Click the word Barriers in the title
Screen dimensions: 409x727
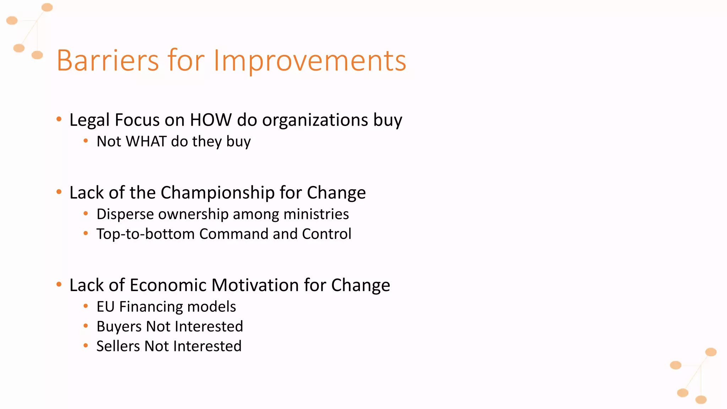(108, 60)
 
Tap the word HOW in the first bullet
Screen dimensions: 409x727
(211, 120)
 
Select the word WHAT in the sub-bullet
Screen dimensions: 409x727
(146, 141)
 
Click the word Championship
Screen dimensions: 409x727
(218, 193)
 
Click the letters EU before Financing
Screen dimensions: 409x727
(105, 307)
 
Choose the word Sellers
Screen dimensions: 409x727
(118, 346)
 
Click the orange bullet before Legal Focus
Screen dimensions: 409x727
(59, 119)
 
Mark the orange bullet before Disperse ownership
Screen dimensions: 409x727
(86, 214)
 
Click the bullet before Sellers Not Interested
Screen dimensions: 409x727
(86, 345)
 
